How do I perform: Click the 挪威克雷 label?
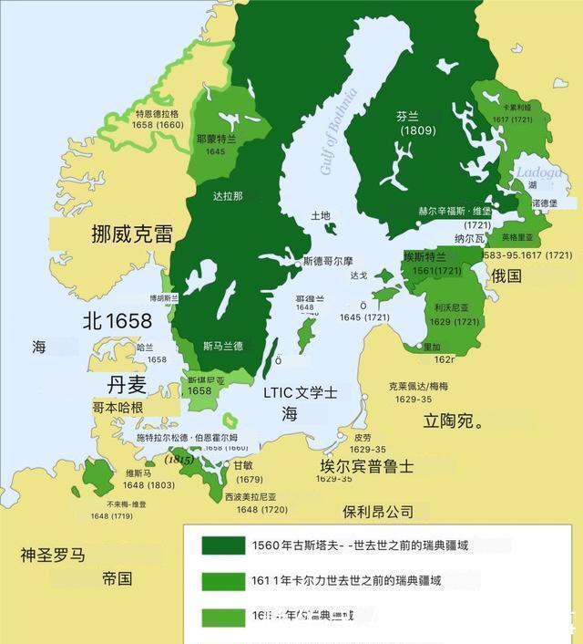[x=131, y=234]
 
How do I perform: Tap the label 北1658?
[x=117, y=321]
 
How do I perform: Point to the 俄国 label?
[x=506, y=275]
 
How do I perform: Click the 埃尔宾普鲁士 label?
[x=366, y=466]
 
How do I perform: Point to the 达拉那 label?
[x=228, y=196]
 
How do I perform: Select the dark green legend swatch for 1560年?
[x=221, y=545]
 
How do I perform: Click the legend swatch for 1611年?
[x=221, y=581]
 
